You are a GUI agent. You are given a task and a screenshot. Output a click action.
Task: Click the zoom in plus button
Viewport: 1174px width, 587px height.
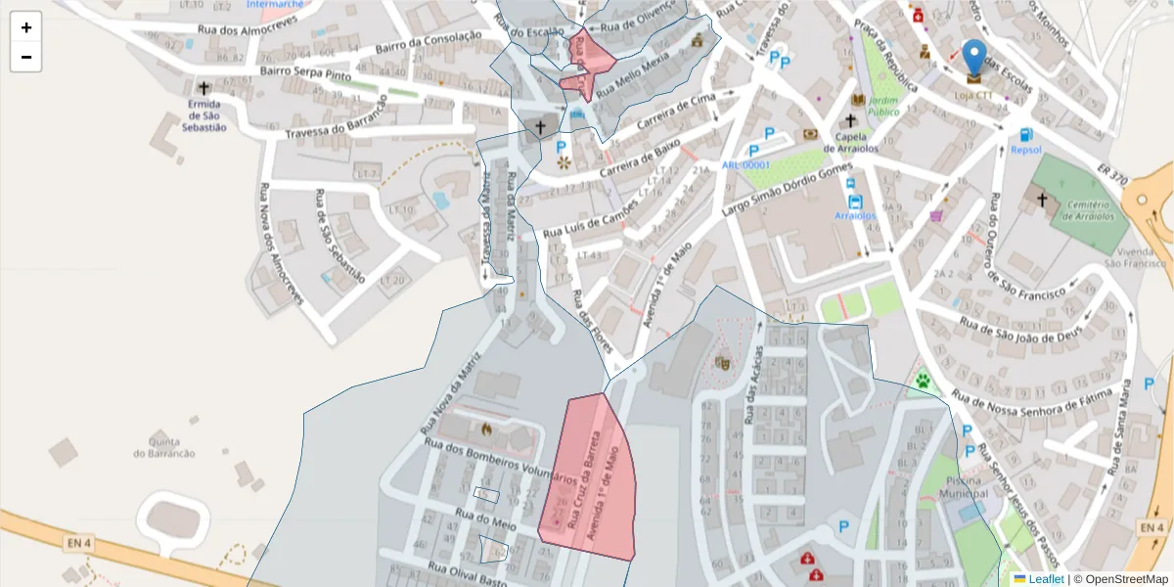pos(26,27)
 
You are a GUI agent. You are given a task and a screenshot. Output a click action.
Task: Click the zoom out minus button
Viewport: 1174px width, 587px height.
pos(26,57)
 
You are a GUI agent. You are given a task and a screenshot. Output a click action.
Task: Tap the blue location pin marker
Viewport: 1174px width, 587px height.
pos(974,60)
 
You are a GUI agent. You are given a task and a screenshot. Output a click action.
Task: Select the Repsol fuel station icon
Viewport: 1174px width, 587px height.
pos(1025,135)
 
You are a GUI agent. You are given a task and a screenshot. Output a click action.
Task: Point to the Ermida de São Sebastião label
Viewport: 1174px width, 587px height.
pos(205,115)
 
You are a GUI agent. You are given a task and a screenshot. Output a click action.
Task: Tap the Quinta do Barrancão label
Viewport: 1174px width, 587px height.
pos(164,447)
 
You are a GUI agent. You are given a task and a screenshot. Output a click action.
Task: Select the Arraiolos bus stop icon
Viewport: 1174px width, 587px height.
pos(856,202)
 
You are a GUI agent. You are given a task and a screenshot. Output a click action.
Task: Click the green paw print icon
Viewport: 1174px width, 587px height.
pos(922,380)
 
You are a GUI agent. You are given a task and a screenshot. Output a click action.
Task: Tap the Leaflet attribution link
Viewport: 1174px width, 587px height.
pos(1045,579)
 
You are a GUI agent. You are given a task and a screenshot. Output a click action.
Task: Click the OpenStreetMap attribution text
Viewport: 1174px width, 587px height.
pos(1120,579)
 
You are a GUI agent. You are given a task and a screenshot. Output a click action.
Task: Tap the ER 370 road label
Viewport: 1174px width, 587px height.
pos(1113,175)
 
